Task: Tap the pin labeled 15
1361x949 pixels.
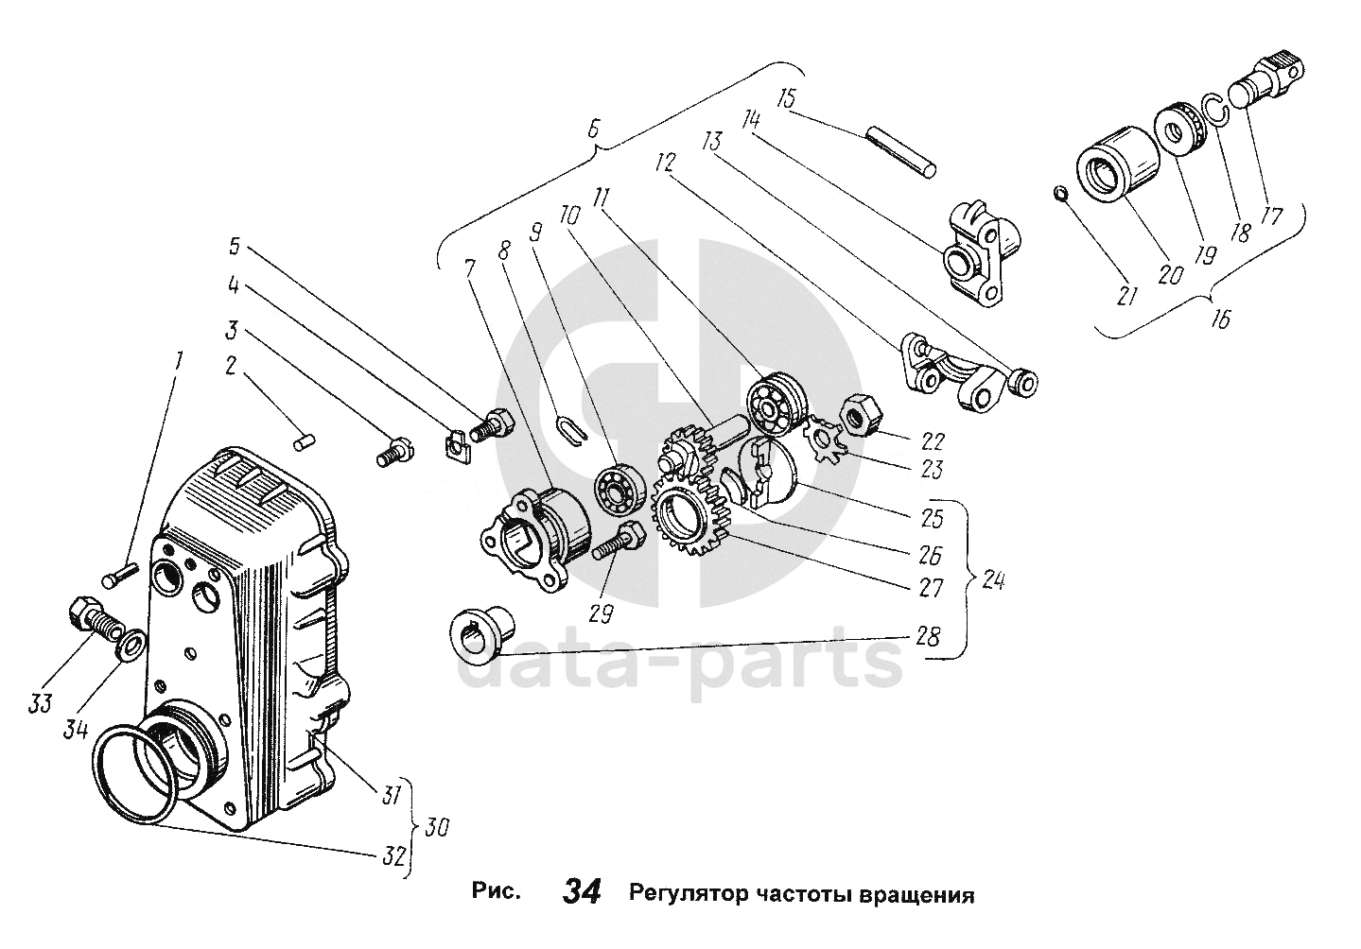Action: point(902,152)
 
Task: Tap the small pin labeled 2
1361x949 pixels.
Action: point(303,441)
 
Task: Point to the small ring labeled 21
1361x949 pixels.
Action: point(1061,195)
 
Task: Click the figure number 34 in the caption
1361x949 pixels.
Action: point(582,891)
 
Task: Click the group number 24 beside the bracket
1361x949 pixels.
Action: point(993,581)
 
